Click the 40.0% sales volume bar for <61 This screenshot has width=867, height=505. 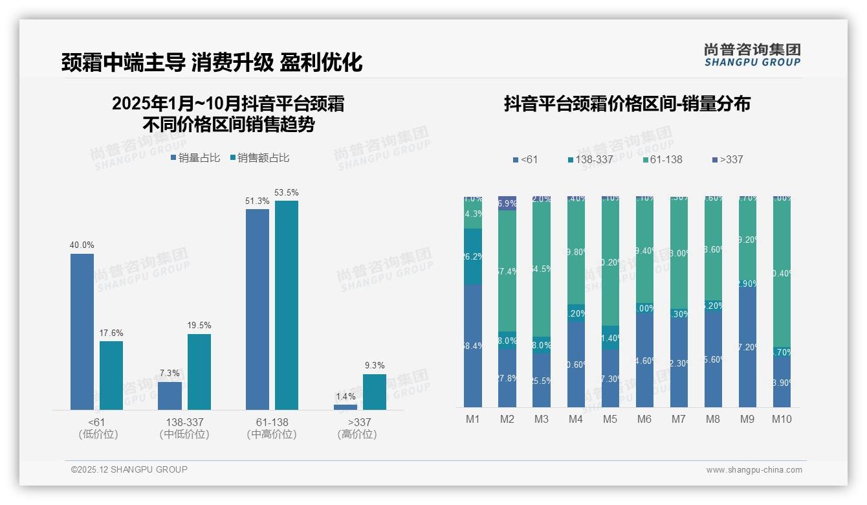[x=82, y=331]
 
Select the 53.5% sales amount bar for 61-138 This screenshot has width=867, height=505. [x=287, y=305]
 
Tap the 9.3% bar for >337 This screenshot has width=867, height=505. [x=375, y=392]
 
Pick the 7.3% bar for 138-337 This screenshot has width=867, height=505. [x=170, y=396]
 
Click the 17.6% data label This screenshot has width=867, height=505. [x=111, y=333]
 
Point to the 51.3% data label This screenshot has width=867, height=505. [x=258, y=201]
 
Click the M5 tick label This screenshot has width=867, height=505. [x=610, y=419]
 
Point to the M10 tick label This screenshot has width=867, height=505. [x=782, y=419]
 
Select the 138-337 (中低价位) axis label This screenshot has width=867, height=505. [x=184, y=428]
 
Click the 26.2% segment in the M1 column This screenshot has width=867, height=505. [x=473, y=256]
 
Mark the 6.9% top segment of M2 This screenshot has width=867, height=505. [x=507, y=203]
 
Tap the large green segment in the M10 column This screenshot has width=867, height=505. [x=782, y=272]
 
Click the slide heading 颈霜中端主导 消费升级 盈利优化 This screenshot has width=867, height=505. [x=212, y=62]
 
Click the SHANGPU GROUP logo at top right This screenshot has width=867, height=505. [x=752, y=55]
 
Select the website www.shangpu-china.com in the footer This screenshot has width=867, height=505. [x=754, y=470]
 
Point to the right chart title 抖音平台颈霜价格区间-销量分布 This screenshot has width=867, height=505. [x=627, y=104]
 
